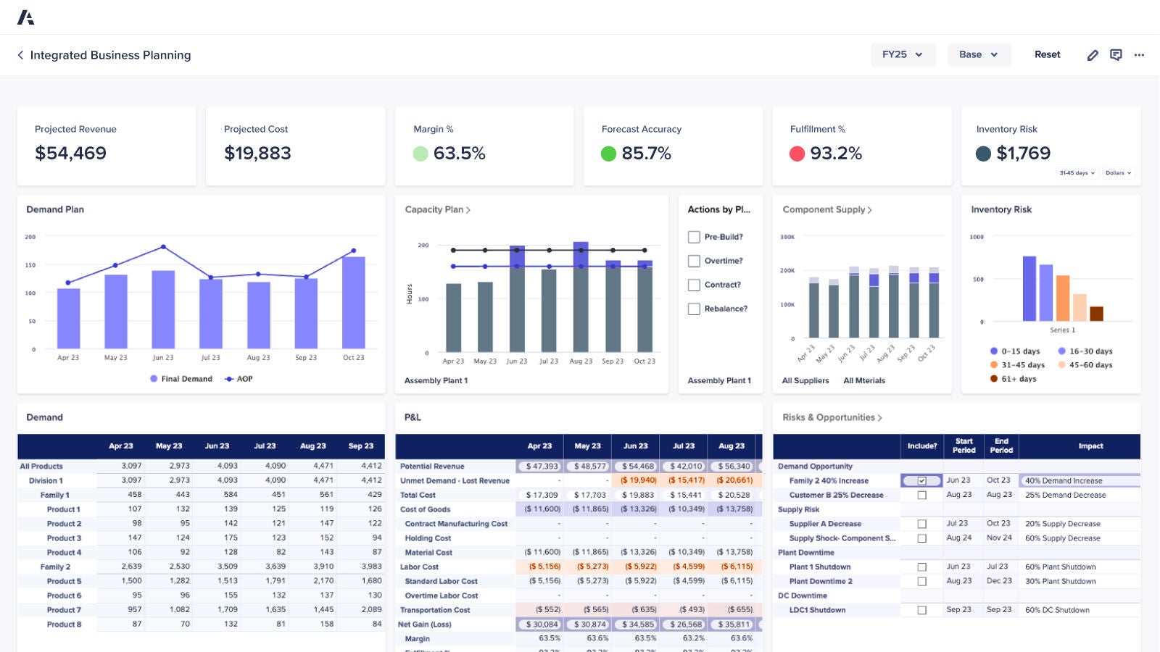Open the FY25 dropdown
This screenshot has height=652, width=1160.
(x=903, y=54)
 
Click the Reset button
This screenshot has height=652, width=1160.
(x=1047, y=54)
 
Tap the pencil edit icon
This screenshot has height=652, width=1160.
(x=1093, y=55)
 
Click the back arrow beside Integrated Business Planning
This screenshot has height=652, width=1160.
(x=20, y=55)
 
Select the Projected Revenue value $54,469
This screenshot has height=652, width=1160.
(x=70, y=153)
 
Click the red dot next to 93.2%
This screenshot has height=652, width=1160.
(x=797, y=154)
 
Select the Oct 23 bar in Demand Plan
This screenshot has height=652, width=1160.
(x=353, y=302)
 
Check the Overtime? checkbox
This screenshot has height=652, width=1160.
(x=694, y=261)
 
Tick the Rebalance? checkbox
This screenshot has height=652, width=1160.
(x=694, y=309)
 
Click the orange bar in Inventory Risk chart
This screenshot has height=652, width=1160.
(x=1063, y=298)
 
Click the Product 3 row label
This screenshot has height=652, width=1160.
(x=64, y=538)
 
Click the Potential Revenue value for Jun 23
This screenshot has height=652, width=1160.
(x=637, y=467)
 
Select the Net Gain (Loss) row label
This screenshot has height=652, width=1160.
(x=425, y=624)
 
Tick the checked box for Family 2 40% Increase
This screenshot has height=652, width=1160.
(x=921, y=481)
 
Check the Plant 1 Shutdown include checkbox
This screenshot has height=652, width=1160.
(x=921, y=567)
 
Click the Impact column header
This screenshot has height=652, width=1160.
(x=1090, y=446)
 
